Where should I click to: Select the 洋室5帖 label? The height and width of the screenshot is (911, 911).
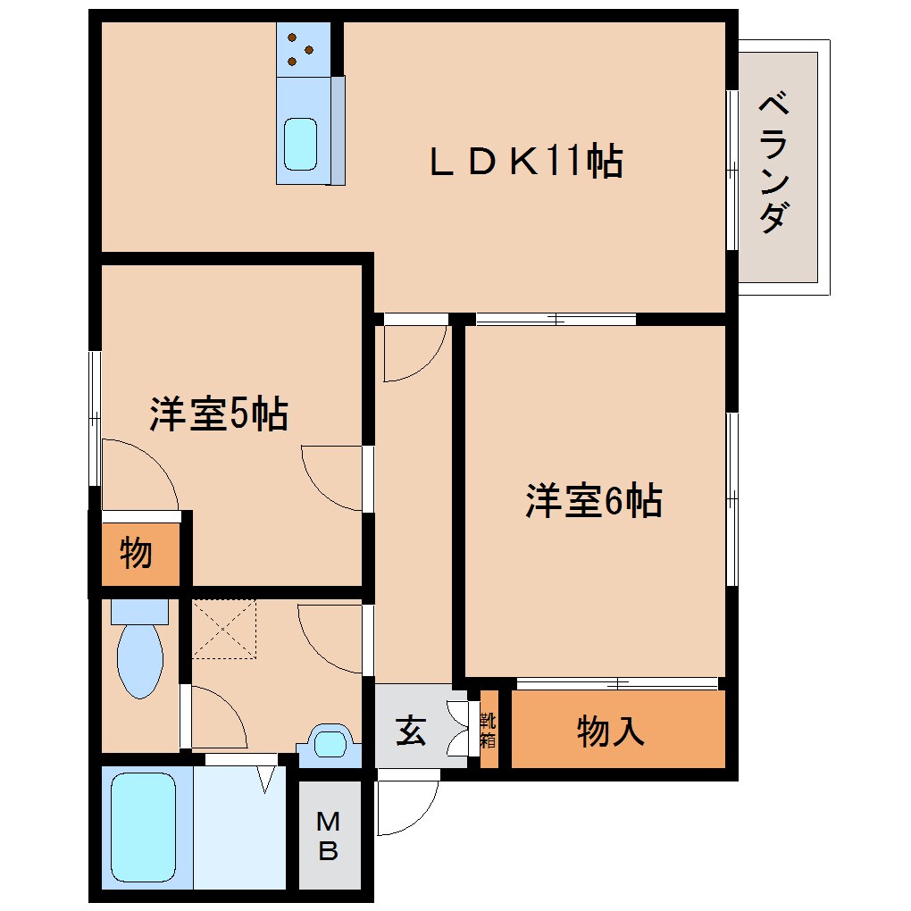click(x=219, y=414)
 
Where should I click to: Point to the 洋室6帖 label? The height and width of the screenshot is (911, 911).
click(x=593, y=501)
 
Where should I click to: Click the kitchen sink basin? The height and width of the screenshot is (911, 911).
click(x=300, y=143)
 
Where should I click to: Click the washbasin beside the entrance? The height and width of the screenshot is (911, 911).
click(x=330, y=743)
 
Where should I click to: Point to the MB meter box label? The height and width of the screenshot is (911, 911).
click(x=329, y=836)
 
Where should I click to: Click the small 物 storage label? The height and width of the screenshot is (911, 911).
click(x=135, y=554)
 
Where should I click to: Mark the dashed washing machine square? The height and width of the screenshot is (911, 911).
click(x=224, y=630)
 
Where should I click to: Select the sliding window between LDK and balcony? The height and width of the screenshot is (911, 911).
click(x=732, y=170)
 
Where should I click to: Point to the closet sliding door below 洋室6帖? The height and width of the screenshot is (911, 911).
click(x=617, y=684)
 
